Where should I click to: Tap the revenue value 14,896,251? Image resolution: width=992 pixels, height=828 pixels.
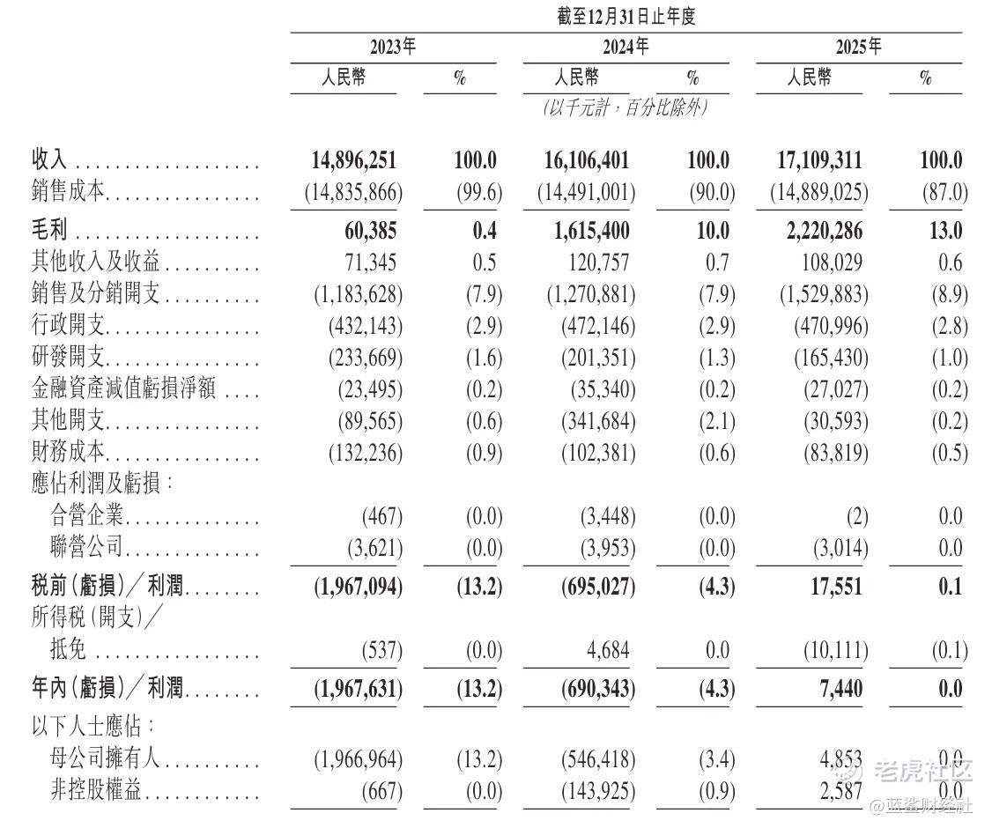tap(354, 160)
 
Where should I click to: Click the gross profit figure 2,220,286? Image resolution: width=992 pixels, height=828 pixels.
tap(817, 231)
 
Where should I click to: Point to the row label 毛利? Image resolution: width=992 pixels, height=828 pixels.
tap(50, 231)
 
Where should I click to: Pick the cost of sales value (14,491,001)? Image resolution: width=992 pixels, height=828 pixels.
tap(586, 192)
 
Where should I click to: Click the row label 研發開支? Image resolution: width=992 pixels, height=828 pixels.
tap(69, 358)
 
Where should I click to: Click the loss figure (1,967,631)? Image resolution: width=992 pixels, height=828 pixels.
tap(358, 688)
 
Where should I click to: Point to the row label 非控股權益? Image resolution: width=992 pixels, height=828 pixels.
tap(97, 792)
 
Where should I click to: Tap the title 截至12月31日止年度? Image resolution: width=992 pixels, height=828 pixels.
tap(626, 17)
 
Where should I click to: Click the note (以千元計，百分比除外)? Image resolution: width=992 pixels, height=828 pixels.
tap(626, 108)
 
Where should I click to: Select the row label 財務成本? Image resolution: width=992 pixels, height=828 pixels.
tap(69, 453)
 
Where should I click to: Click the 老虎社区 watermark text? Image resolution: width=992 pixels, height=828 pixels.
tap(922, 772)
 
